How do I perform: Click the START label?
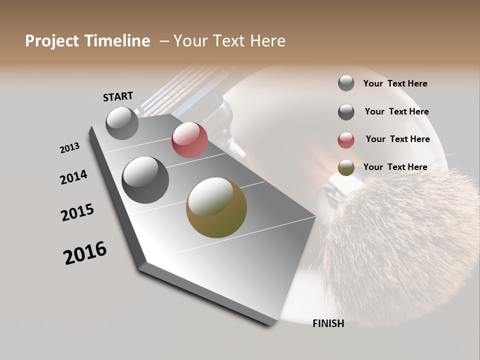click(x=118, y=96)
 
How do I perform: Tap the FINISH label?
click(x=328, y=323)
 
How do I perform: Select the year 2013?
click(x=69, y=148)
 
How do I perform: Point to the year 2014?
click(x=73, y=177)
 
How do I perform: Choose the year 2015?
click(x=77, y=212)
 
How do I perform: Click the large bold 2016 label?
click(x=85, y=253)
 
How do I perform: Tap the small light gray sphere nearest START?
click(x=122, y=123)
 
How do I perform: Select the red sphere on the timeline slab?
click(x=189, y=140)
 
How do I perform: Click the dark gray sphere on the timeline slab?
click(x=145, y=180)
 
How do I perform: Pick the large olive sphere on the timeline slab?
click(x=216, y=207)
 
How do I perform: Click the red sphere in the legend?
click(x=346, y=140)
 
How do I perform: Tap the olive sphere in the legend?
click(x=346, y=168)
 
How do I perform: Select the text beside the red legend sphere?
click(x=397, y=139)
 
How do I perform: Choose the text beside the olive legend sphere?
click(x=395, y=167)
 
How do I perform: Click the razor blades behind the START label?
click(x=170, y=92)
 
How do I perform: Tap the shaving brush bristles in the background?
click(x=400, y=235)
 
